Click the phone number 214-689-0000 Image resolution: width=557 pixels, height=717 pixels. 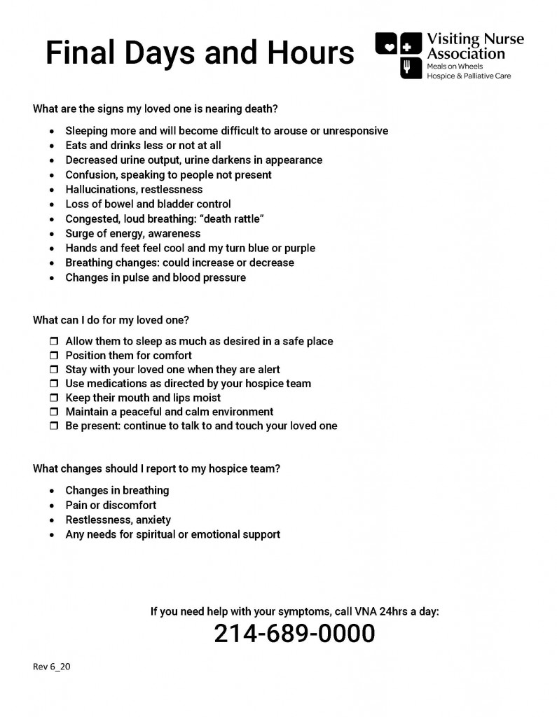pos(294,634)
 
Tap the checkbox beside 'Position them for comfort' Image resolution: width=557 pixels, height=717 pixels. pos(54,356)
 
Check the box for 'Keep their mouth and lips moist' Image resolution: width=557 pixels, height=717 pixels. pos(54,398)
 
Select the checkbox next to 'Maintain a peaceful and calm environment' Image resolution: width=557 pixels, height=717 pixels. pos(54,412)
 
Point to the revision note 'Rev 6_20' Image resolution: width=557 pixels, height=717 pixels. pos(52,667)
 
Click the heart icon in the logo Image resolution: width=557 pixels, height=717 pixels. pos(388,47)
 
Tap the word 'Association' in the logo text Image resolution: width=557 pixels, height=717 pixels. pos(466,54)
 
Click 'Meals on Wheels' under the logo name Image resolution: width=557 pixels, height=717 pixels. pos(455,67)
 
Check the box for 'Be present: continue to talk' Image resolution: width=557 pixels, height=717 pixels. pos(54,426)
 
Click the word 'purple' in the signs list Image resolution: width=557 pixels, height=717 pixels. pos(299,249)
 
